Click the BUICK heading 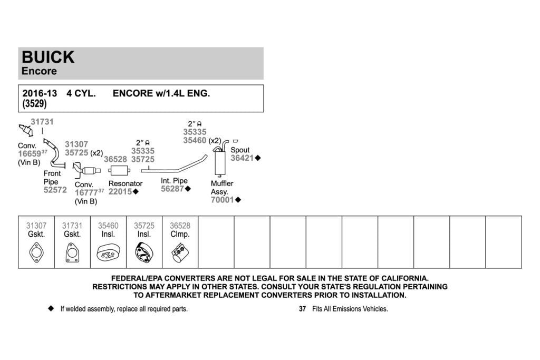(x=48, y=57)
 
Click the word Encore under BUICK (x=39, y=71)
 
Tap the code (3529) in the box (x=34, y=104)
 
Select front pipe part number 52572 (x=55, y=190)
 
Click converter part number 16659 (x=30, y=154)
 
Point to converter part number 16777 (x=86, y=193)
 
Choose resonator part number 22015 (x=120, y=192)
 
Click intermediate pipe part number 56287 (x=172, y=189)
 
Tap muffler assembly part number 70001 (x=223, y=200)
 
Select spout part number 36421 (x=242, y=158)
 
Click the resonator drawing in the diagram (x=119, y=170)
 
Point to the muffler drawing (x=219, y=162)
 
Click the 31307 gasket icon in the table (x=36, y=252)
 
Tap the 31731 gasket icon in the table (x=72, y=252)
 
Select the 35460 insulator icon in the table (x=108, y=253)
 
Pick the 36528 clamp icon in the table (x=180, y=253)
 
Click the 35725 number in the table (x=144, y=226)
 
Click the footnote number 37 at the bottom (x=302, y=309)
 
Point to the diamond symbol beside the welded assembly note (x=51, y=308)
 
